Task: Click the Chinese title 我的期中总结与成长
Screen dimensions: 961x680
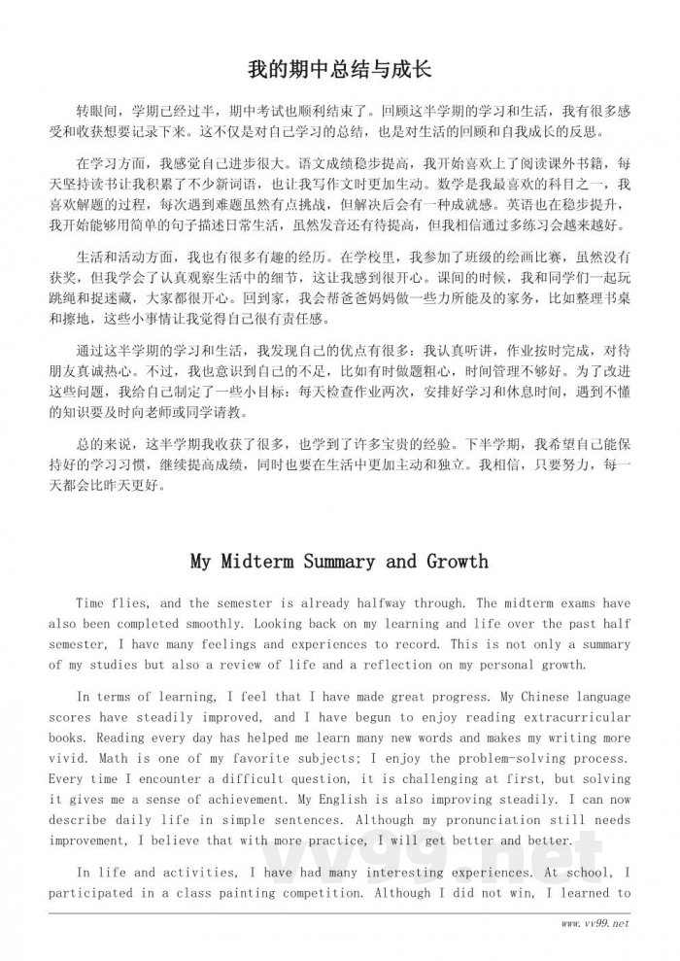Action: [x=340, y=70]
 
